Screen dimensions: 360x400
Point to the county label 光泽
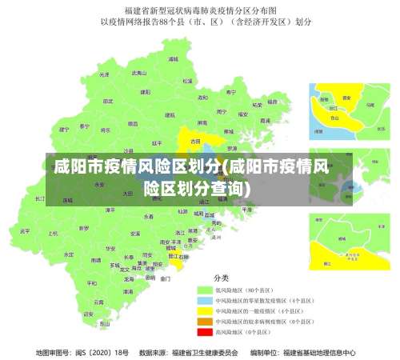pos(104,74)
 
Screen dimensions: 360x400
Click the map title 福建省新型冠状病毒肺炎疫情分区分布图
pos(200,10)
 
